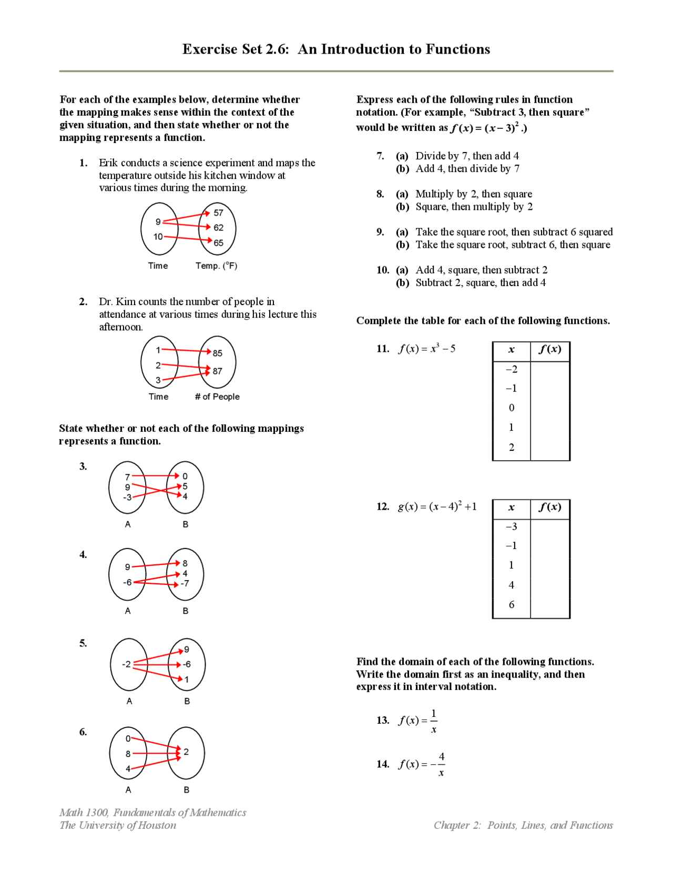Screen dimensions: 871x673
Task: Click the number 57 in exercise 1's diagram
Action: [218, 213]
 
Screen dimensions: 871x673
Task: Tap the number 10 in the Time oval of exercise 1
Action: [158, 237]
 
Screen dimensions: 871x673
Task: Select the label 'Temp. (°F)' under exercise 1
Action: [216, 266]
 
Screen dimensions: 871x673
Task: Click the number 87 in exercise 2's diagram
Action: [217, 371]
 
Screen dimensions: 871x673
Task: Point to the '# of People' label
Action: [217, 397]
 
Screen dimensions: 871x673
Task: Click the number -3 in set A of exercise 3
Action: [127, 497]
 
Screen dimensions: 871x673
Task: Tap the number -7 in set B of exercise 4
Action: [185, 584]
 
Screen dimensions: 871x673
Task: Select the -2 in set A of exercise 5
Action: [126, 664]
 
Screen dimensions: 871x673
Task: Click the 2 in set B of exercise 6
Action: [186, 752]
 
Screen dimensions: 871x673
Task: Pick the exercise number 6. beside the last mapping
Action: [83, 732]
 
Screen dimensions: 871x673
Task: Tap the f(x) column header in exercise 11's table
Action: [550, 349]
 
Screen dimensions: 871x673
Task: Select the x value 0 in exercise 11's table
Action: [511, 408]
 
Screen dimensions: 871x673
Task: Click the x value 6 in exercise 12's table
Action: [511, 605]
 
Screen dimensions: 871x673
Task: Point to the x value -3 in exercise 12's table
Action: [511, 526]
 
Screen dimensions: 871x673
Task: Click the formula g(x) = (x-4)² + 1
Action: [437, 507]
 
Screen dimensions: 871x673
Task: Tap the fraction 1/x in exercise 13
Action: [433, 721]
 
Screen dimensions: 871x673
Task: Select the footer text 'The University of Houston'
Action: [118, 825]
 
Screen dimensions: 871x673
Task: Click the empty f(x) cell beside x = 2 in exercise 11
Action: [550, 447]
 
